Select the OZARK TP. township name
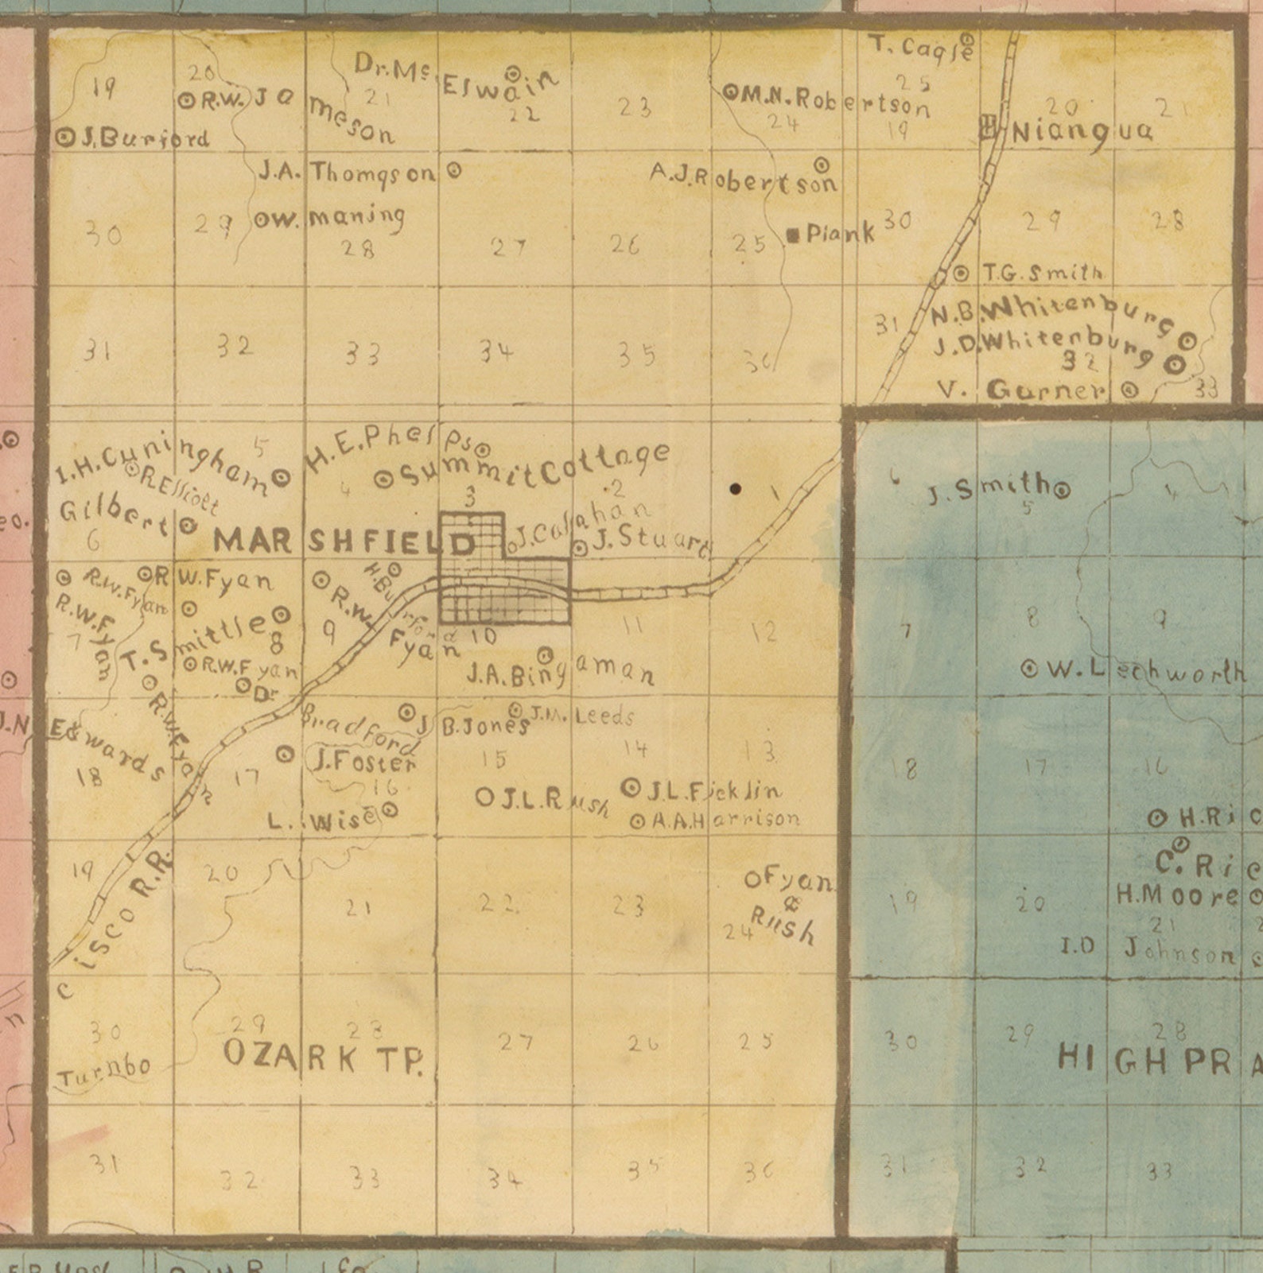322,1056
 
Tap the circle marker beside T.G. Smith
962,273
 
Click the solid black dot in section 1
736,489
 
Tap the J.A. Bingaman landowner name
560,675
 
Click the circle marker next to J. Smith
1061,490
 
